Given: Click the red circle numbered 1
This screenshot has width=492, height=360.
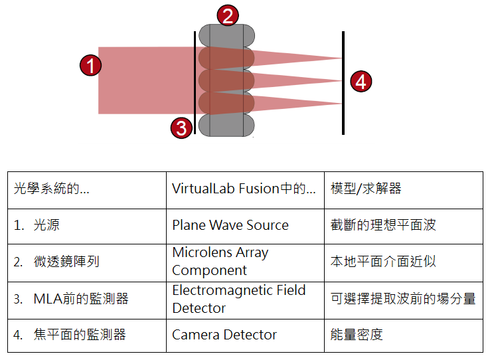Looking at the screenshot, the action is pyautogui.click(x=90, y=66).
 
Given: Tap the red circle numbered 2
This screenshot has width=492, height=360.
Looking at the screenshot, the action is pyautogui.click(x=228, y=15).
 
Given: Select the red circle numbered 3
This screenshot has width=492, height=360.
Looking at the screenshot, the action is pyautogui.click(x=181, y=128).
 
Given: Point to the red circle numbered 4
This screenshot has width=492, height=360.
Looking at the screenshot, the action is pyautogui.click(x=361, y=82).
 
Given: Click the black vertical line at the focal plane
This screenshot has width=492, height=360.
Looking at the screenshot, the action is pyautogui.click(x=343, y=83).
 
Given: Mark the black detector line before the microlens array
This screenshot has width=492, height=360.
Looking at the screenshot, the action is pyautogui.click(x=195, y=82).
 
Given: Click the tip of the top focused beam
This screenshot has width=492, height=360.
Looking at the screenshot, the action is pyautogui.click(x=341, y=58).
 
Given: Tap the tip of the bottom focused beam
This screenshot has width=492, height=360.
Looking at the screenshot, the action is pyautogui.click(x=341, y=103).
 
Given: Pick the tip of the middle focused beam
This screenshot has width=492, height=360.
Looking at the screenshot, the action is pyautogui.click(x=341, y=80).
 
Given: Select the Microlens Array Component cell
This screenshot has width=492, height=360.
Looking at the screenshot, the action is pyautogui.click(x=245, y=263).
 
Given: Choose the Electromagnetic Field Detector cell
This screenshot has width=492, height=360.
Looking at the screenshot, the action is pyautogui.click(x=245, y=301).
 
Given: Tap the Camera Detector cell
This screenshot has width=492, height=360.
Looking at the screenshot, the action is pyautogui.click(x=245, y=336).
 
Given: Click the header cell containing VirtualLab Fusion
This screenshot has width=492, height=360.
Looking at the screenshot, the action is pyautogui.click(x=245, y=190).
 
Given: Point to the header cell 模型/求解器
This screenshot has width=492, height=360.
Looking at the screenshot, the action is pyautogui.click(x=404, y=190).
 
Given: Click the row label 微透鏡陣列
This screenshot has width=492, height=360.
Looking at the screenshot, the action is pyautogui.click(x=66, y=262).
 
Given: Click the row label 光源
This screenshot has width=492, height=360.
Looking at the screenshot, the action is pyautogui.click(x=46, y=225).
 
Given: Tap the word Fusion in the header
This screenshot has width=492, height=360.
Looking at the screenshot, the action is pyautogui.click(x=259, y=189).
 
